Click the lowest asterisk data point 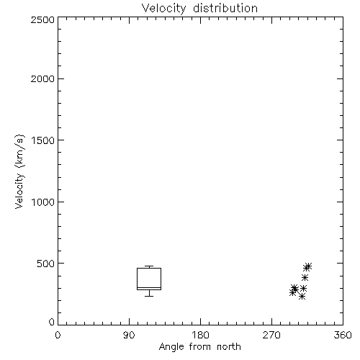[x=302, y=297]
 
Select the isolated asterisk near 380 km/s [x=305, y=278]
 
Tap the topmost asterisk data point [x=308, y=266]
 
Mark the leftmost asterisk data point [x=292, y=292]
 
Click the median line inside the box [x=149, y=287]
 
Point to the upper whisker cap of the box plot [x=149, y=266]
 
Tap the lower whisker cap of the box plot [x=149, y=296]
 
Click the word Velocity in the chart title [x=163, y=9]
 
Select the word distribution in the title [x=225, y=8]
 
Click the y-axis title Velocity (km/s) [x=19, y=171]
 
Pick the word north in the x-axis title [x=229, y=346]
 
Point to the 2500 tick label [x=42, y=19]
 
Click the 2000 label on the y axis [x=42, y=79]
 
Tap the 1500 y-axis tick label [x=43, y=140]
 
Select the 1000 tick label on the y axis [x=43, y=202]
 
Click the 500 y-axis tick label [x=46, y=264]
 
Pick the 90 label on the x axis [x=129, y=335]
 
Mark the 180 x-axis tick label [x=200, y=335]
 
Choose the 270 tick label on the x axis [x=271, y=335]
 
